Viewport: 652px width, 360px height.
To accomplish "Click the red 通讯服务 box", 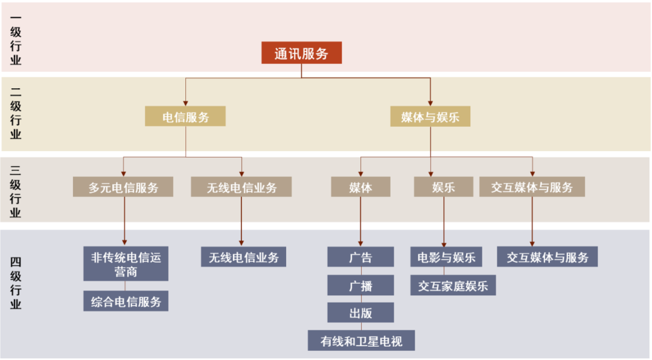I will point(301,53).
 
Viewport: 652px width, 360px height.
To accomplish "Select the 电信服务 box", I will point(185,117).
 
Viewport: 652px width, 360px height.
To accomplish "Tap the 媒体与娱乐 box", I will point(430,117).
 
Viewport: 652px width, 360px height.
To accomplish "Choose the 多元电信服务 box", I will point(123,187).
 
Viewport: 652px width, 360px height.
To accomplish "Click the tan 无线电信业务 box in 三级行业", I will point(241,187).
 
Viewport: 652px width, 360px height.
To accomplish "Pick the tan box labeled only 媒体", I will point(360,187).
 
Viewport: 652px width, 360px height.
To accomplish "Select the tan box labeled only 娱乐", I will point(443,187).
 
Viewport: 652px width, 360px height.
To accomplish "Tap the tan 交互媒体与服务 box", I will point(532,187).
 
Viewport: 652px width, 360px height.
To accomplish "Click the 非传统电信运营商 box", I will point(126,264).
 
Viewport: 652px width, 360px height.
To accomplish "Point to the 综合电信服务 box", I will point(126,301).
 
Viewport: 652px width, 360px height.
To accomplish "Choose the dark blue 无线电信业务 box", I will point(243,257).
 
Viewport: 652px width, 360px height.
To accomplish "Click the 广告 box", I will point(360,257).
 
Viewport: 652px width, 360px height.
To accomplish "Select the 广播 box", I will point(360,286).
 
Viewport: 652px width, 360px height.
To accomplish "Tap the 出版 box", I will point(360,313).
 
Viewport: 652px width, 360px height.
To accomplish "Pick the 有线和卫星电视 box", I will point(361,341).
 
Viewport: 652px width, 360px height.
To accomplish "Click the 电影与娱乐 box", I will point(446,257).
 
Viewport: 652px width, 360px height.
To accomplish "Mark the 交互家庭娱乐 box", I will point(453,286).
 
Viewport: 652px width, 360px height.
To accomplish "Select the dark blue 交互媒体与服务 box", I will point(547,257).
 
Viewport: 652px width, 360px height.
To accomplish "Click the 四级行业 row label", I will point(16,282).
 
